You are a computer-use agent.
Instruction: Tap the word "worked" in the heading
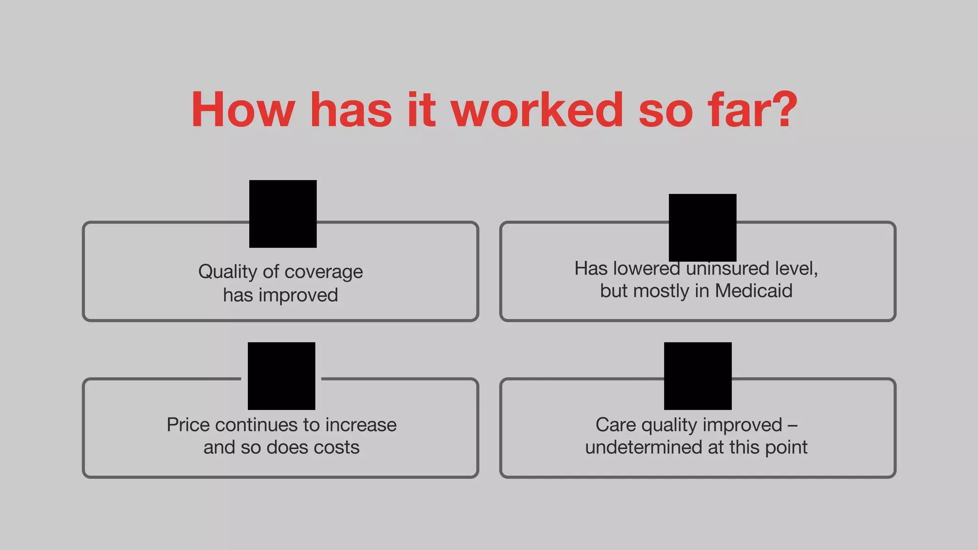point(537,110)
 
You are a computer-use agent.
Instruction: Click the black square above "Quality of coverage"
point(283,214)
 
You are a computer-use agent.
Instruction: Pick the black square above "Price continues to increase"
point(281,376)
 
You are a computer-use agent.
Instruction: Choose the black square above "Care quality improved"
point(698,376)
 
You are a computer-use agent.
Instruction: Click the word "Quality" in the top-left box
point(228,272)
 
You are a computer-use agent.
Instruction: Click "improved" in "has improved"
point(298,295)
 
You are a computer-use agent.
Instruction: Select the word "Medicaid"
point(754,291)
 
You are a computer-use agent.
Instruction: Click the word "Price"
point(188,425)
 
